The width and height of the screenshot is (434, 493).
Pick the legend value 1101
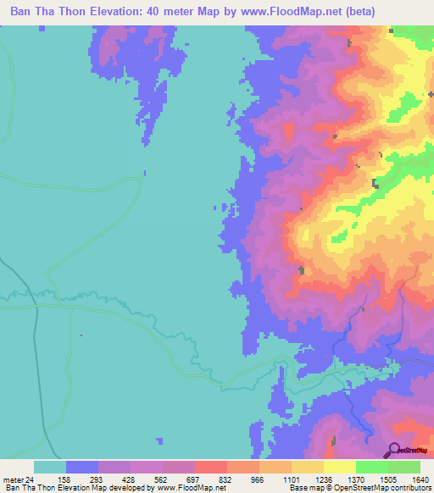pyautogui.click(x=291, y=479)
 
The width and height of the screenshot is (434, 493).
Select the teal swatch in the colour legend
pyautogui.click(x=49, y=467)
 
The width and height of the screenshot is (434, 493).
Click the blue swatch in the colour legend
pyautogui.click(x=82, y=467)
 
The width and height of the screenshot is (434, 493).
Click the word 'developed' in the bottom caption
pyautogui.click(x=127, y=487)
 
